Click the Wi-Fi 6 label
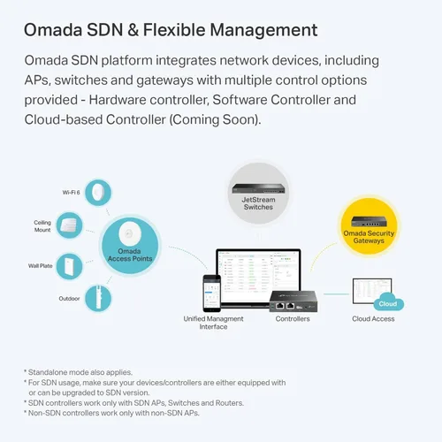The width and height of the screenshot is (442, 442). [71, 193]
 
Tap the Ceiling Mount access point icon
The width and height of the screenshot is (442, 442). [70, 225]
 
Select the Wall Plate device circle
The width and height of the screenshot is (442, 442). [70, 266]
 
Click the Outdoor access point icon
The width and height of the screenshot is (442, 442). [98, 298]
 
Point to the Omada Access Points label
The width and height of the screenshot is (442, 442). [130, 255]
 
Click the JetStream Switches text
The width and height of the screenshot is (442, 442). [258, 203]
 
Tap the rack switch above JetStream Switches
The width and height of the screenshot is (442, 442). [258, 188]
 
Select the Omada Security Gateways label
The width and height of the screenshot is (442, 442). [369, 237]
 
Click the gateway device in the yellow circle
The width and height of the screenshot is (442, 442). [369, 221]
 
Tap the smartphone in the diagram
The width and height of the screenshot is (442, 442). [211, 293]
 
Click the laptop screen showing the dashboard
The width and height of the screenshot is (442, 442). [258, 273]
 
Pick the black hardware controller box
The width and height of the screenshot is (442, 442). [293, 301]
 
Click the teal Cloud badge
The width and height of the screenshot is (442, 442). [388, 301]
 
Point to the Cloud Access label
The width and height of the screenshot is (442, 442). [373, 319]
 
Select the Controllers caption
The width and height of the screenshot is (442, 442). [293, 319]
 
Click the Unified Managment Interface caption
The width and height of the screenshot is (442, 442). [213, 323]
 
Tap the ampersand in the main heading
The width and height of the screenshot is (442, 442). [133, 30]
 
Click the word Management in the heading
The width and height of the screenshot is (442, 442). [263, 30]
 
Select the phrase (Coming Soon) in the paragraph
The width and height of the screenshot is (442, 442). [215, 119]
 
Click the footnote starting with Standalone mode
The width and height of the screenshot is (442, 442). [78, 372]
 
